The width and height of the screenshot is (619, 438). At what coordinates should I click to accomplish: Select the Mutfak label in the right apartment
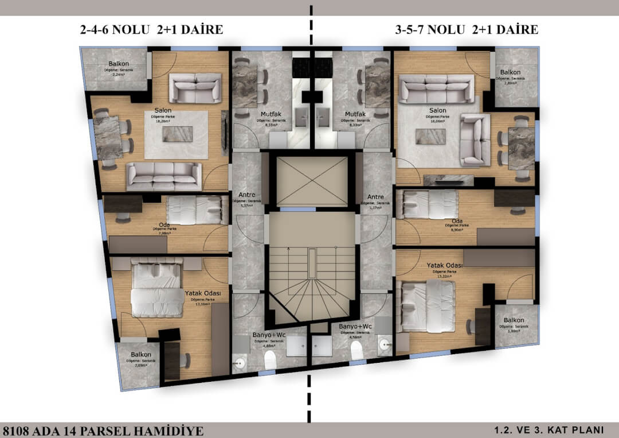tap(347, 114)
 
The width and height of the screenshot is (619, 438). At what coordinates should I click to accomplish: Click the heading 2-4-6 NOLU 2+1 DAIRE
tap(151, 30)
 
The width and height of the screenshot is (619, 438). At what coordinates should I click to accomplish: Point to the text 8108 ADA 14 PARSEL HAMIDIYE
tap(103, 430)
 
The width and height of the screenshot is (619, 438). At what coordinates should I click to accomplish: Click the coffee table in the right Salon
tap(429, 136)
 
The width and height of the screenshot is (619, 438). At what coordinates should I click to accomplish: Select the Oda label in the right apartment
tap(457, 222)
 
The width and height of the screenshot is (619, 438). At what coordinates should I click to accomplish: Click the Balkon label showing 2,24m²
tap(119, 64)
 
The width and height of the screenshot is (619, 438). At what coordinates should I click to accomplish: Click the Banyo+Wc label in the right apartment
tap(355, 327)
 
